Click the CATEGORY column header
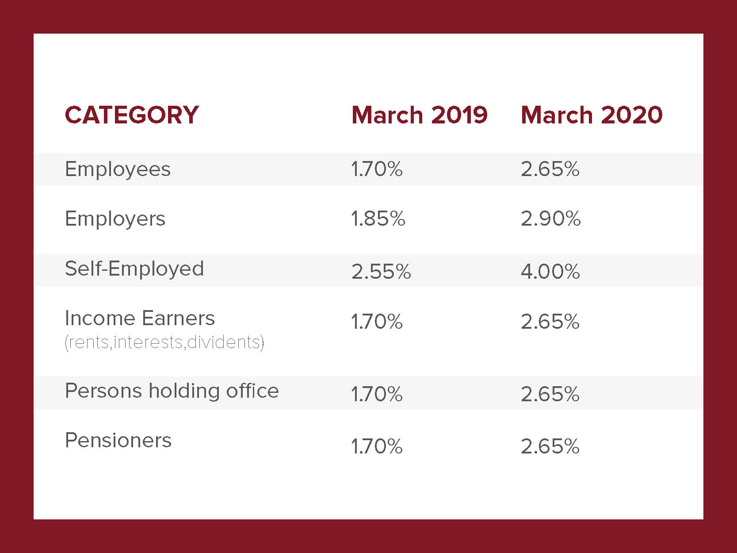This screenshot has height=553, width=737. [x=132, y=115]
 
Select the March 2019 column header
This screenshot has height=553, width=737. [x=419, y=115]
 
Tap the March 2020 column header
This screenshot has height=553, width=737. [x=592, y=115]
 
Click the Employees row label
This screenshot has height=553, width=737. [x=118, y=169]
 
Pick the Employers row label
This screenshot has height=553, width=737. [x=115, y=219]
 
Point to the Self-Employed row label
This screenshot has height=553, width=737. [x=134, y=269]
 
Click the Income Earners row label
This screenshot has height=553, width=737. [x=140, y=319]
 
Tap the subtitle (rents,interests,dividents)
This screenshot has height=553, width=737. [x=164, y=342]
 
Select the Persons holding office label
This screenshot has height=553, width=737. [x=172, y=391]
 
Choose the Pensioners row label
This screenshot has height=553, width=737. [x=118, y=441]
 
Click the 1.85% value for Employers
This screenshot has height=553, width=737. [x=378, y=219]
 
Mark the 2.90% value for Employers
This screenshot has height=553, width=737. [x=550, y=219]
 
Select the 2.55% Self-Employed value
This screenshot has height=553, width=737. [x=381, y=272]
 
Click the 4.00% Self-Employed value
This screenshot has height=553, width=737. [x=550, y=272]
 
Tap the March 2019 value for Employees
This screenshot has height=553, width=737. [x=377, y=169]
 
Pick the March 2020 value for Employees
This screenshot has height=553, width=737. [x=550, y=169]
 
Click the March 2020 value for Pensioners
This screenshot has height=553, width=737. [x=550, y=446]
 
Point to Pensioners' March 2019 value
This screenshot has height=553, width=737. [x=377, y=446]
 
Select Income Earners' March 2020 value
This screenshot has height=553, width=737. [x=550, y=322]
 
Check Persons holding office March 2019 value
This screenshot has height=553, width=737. [x=377, y=394]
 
